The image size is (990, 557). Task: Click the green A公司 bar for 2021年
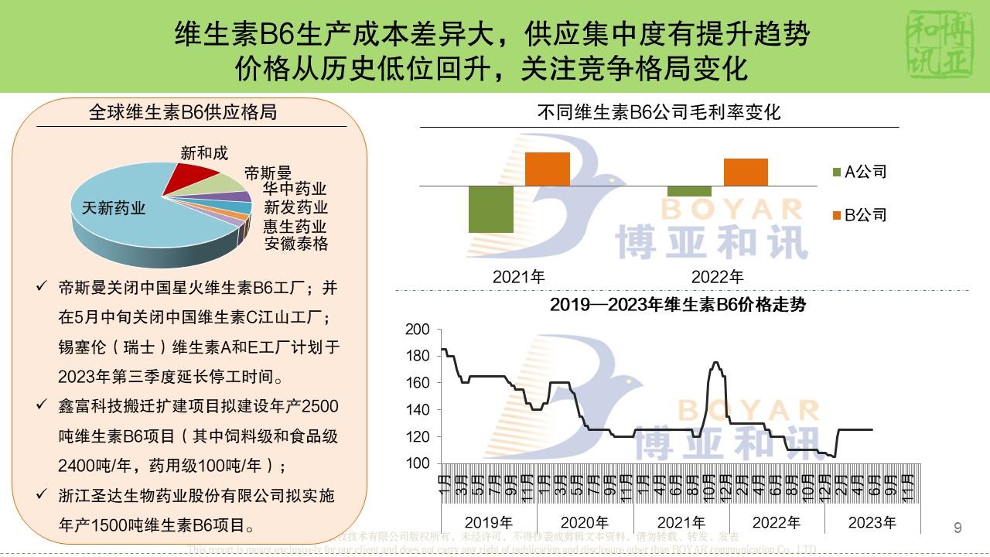click(x=491, y=209)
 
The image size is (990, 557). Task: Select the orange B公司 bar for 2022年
click(x=746, y=172)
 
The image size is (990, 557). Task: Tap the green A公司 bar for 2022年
click(x=689, y=191)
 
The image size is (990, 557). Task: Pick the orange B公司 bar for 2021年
click(x=548, y=169)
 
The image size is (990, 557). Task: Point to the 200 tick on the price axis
click(x=418, y=330)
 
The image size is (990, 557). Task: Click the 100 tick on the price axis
click(x=418, y=463)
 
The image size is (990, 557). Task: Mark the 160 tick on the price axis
click(x=418, y=383)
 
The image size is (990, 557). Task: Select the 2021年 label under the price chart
click(x=681, y=523)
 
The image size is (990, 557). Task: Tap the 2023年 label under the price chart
click(x=872, y=523)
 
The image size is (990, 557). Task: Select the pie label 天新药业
click(x=114, y=208)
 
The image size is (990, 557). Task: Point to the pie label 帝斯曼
click(x=267, y=173)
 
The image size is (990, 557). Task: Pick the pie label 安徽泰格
click(x=296, y=244)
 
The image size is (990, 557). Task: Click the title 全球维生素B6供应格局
click(x=183, y=113)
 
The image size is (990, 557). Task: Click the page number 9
click(x=958, y=528)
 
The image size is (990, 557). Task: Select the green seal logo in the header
click(x=938, y=46)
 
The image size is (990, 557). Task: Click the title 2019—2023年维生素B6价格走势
click(x=678, y=305)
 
